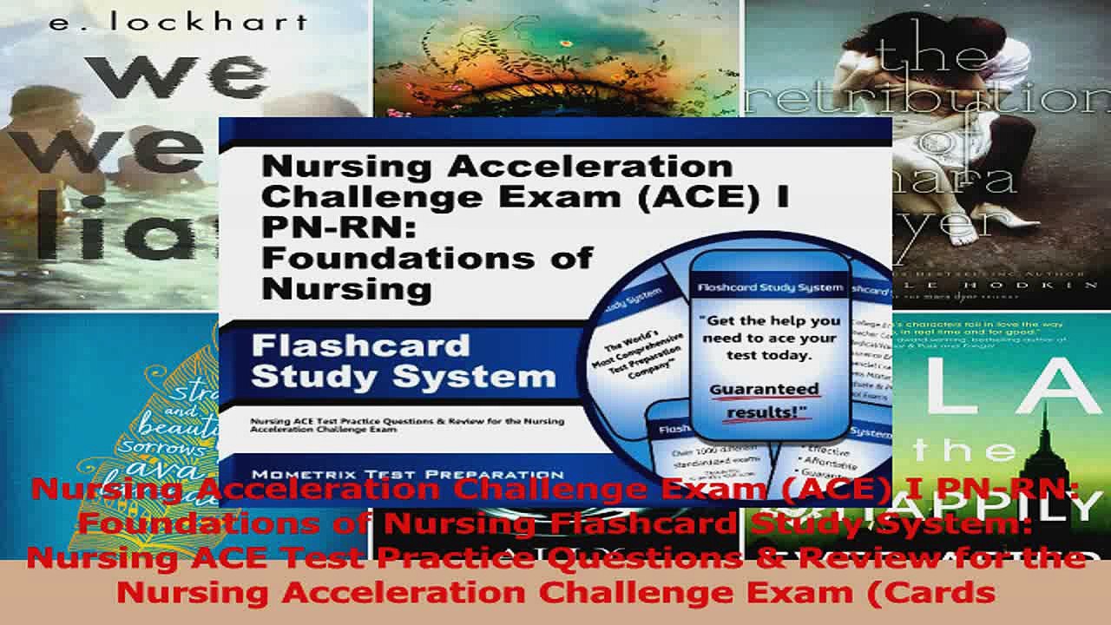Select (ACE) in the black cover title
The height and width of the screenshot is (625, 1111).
click(x=705, y=197)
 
